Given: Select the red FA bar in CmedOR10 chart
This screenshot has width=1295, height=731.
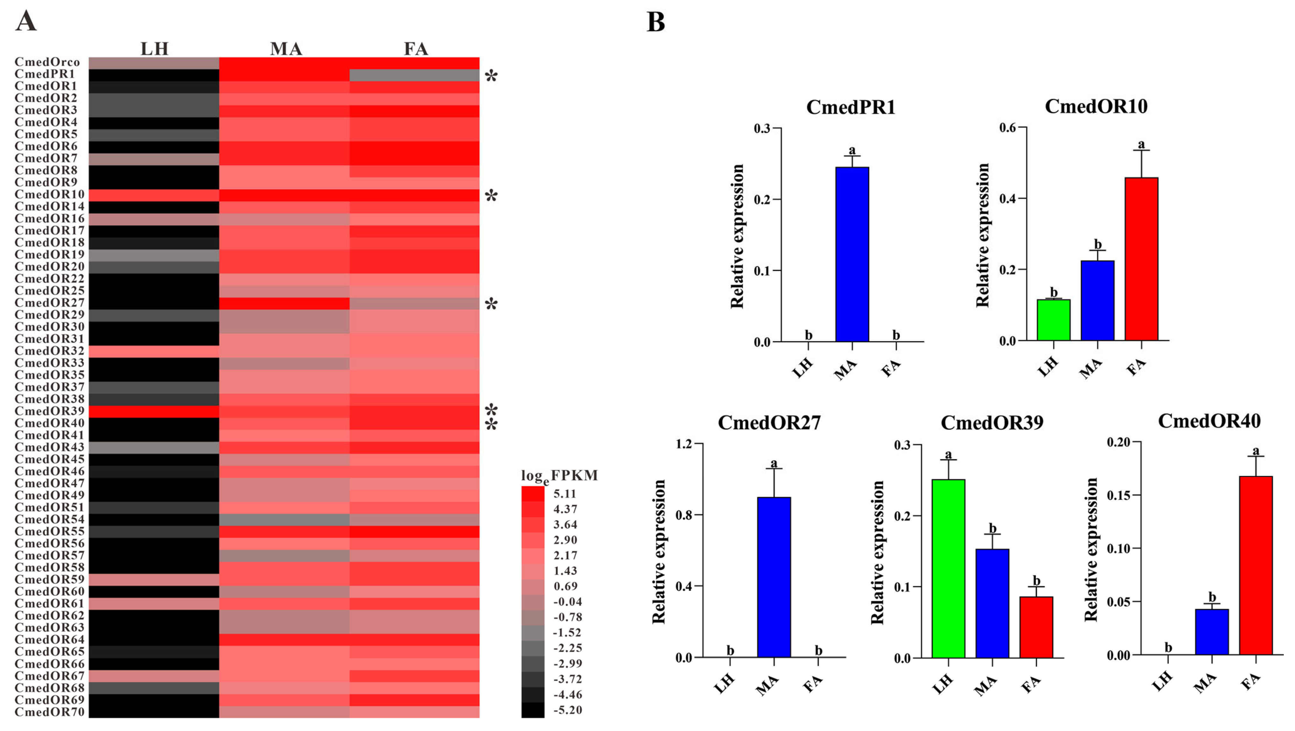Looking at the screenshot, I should click(x=1141, y=259).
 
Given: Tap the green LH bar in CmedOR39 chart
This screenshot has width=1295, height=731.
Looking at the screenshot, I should click(x=948, y=568).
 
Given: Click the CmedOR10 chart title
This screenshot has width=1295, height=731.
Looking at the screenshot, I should click(x=1096, y=107).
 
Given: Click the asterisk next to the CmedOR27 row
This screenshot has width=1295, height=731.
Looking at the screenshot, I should click(x=491, y=304).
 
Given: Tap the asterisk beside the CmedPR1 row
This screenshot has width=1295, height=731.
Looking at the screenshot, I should click(x=491, y=76).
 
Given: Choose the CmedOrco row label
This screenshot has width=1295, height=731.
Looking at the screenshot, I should click(x=47, y=62).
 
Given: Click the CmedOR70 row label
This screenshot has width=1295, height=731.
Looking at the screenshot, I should click(x=49, y=712).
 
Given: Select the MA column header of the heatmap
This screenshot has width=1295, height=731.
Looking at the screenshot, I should click(x=286, y=49).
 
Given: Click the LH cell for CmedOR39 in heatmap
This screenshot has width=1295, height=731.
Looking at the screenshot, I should click(x=154, y=411).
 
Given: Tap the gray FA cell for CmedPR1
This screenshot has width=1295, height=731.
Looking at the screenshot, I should click(x=414, y=75).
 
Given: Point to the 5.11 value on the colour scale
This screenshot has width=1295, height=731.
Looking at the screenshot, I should click(x=565, y=494).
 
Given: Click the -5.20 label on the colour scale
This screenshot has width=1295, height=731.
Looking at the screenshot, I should click(x=567, y=710).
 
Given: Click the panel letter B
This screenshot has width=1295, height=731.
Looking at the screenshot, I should click(x=656, y=22).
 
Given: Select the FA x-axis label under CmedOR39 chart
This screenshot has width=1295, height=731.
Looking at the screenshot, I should click(x=1031, y=684).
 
